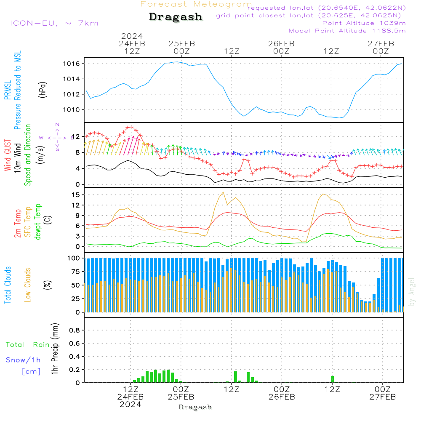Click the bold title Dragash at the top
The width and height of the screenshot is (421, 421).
point(176,17)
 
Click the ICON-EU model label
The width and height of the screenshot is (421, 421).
point(54,23)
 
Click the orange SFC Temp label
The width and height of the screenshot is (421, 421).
point(28,222)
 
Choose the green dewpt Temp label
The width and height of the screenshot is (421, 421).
point(38,222)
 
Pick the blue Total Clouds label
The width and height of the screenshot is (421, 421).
point(8,285)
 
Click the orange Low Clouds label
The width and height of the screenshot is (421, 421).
point(28,285)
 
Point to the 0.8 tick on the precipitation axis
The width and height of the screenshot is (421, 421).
point(75,330)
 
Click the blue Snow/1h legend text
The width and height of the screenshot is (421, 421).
point(24,360)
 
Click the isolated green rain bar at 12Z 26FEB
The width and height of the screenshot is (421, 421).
point(332,379)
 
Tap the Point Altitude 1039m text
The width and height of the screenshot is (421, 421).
point(364,23)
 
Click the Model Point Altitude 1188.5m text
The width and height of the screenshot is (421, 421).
point(347,31)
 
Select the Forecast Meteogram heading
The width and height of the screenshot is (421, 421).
point(196,4)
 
